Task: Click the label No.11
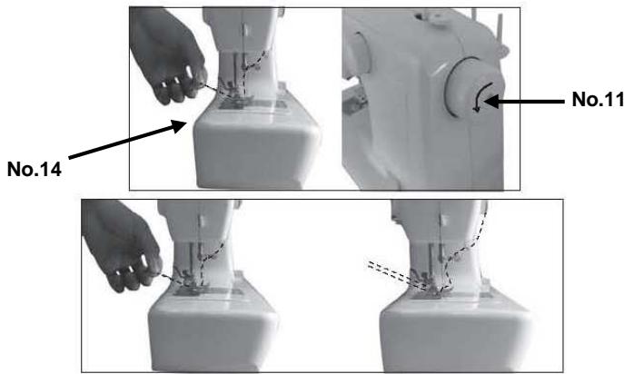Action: (x=595, y=99)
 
